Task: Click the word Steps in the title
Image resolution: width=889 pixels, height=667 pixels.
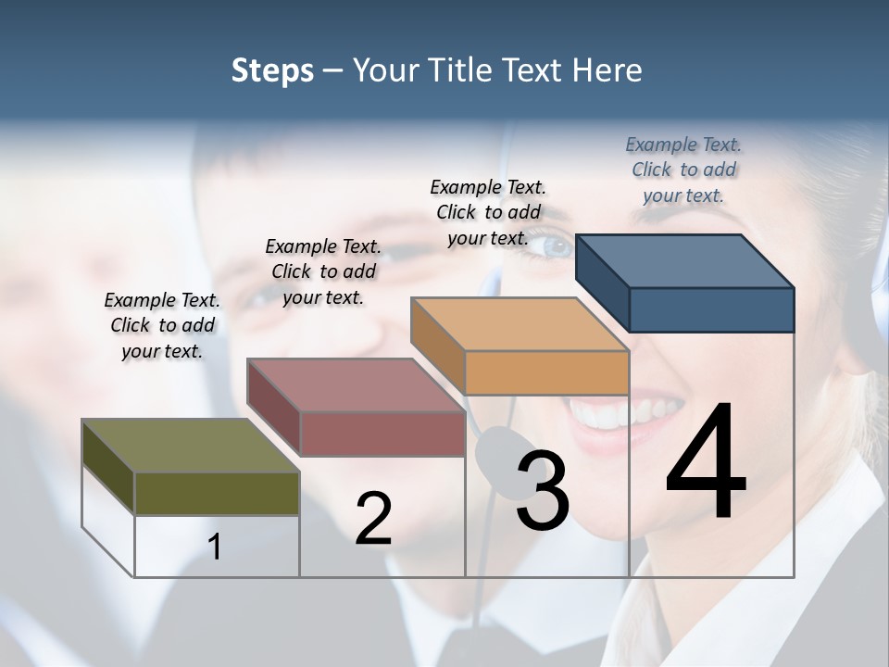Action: [x=272, y=70]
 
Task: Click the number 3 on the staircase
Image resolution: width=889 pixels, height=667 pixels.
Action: [x=543, y=490]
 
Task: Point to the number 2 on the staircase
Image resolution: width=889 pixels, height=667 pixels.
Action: [x=373, y=519]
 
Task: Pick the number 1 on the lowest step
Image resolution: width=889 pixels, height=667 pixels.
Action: [x=215, y=547]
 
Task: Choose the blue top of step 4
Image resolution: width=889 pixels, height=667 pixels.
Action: [x=684, y=260]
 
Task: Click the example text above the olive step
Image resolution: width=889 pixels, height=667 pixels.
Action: [x=162, y=325]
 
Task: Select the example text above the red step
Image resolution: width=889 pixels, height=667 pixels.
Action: [x=323, y=271]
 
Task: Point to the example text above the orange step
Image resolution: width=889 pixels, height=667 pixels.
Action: [x=488, y=212]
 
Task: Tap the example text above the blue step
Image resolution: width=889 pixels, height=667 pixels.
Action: [x=683, y=170]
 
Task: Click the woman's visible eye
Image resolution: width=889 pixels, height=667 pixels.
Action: [x=556, y=246]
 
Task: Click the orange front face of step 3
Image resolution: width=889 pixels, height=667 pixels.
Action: [x=546, y=372]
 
